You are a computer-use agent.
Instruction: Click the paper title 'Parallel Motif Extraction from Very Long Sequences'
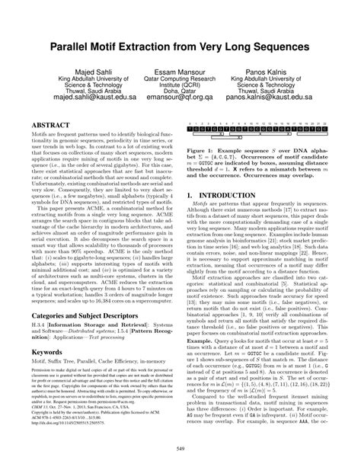(180, 47)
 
